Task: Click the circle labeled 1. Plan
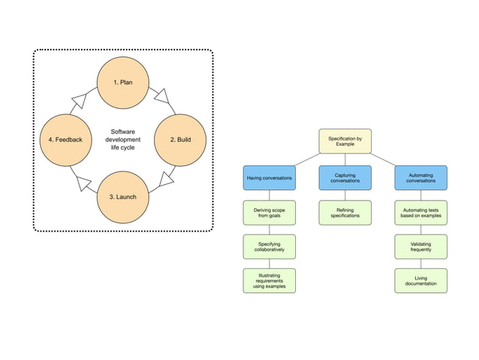click(123, 82)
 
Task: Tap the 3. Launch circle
click(123, 197)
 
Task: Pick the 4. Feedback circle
click(66, 140)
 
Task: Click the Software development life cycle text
click(122, 140)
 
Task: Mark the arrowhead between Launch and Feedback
click(83, 182)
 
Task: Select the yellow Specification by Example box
click(345, 141)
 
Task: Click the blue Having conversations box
click(270, 177)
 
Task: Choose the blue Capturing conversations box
click(345, 177)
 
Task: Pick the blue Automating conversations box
click(420, 177)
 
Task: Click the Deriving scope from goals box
click(270, 212)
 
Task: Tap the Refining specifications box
click(345, 212)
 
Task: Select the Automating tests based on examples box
click(420, 212)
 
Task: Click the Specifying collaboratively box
click(270, 247)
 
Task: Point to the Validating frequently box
click(420, 247)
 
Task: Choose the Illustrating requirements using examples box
click(270, 280)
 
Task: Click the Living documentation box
click(420, 280)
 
